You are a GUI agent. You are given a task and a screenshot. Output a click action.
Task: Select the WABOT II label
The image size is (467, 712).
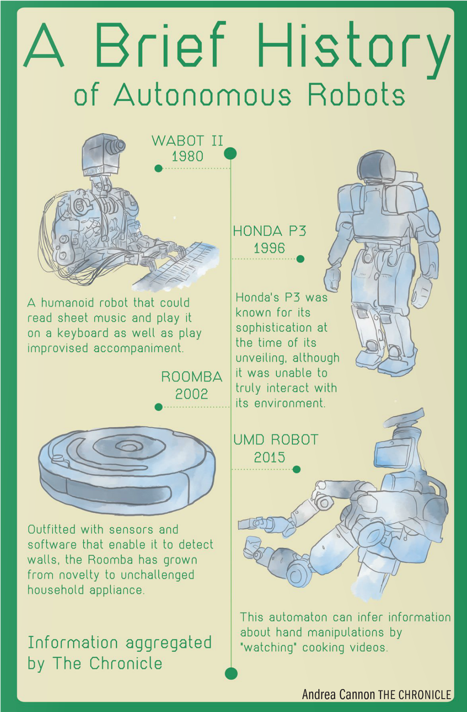187,140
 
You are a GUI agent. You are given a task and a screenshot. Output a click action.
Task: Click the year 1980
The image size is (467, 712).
187,156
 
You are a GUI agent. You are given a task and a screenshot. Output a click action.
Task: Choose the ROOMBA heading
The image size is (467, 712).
192,377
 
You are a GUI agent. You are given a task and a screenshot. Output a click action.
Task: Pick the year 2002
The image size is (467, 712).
192,394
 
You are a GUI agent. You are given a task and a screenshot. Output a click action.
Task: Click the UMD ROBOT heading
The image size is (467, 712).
276,440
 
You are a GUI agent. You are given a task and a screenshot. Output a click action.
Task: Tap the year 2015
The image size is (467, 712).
269,458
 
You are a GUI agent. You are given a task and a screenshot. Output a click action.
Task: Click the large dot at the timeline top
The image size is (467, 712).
230,154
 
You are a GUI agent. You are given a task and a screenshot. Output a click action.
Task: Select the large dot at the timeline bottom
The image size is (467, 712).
231,674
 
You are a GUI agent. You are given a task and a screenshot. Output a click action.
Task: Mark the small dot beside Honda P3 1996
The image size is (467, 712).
300,259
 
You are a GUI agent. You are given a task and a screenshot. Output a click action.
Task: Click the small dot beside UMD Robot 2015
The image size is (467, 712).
296,470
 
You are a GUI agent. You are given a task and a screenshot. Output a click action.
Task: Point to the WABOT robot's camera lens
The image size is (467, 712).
116,145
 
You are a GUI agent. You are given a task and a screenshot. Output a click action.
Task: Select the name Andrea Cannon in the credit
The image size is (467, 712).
338,694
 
